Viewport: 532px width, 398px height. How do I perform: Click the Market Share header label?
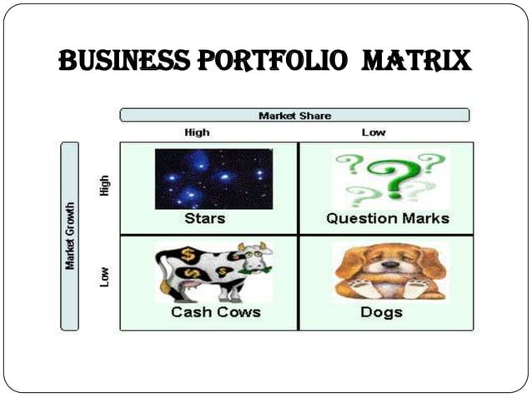coord(294,115)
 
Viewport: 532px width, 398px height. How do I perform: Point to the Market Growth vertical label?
coord(70,236)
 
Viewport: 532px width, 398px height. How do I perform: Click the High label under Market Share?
coord(197,132)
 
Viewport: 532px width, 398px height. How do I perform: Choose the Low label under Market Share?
coord(373,132)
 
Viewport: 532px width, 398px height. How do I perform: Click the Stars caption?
coord(204,219)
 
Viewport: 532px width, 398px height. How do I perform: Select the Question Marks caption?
coord(387,219)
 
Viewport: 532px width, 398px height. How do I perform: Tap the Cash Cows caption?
coord(215,312)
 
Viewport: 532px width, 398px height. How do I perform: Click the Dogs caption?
coord(381,312)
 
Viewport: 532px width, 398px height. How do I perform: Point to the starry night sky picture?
coord(213,178)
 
